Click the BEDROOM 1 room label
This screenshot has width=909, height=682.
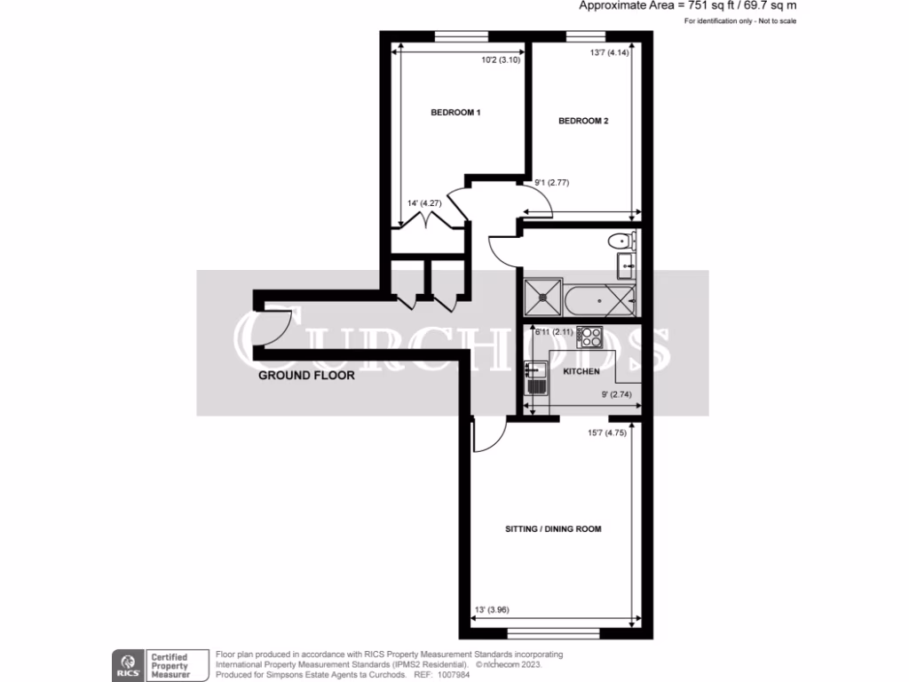(x=455, y=113)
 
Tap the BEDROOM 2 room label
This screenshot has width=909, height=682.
(x=583, y=122)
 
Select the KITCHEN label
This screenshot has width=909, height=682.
(x=582, y=370)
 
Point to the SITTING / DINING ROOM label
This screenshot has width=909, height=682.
(x=553, y=529)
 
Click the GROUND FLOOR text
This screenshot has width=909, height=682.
(x=306, y=376)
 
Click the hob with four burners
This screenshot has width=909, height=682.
(x=591, y=337)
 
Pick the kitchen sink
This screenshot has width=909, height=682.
(x=535, y=377)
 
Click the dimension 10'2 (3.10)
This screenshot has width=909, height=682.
(x=501, y=61)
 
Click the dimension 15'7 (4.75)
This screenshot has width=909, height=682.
(x=607, y=434)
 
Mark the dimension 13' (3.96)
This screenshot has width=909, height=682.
(x=492, y=610)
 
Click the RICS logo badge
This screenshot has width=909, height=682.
(x=127, y=663)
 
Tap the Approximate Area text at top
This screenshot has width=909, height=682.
(x=687, y=5)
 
